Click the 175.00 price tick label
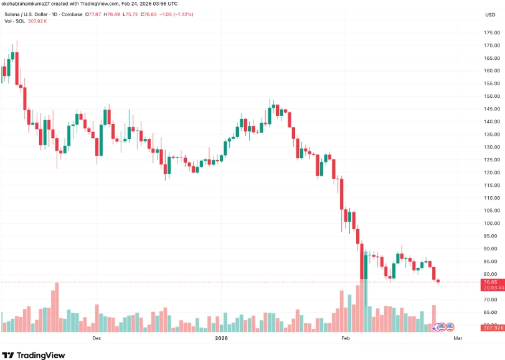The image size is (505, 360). click(492, 32)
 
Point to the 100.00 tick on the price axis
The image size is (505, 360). click(492, 223)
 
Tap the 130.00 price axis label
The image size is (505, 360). click(492, 147)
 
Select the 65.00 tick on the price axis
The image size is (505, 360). click(492, 312)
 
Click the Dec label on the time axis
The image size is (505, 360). click(97, 338)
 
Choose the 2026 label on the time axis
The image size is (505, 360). click(221, 338)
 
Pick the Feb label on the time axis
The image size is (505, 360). click(347, 338)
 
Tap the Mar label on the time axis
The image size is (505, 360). click(458, 338)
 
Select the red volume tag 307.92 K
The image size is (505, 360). click(492, 328)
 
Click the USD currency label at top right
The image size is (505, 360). click(491, 14)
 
